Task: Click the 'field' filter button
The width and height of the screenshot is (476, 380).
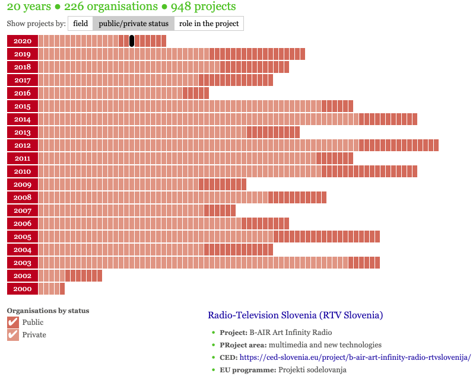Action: point(81,24)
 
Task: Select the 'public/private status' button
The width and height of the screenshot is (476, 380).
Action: point(134,24)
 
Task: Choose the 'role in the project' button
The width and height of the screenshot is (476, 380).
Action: point(209,24)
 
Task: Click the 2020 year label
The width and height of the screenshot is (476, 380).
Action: point(23,41)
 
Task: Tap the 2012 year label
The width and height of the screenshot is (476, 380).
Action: point(23,145)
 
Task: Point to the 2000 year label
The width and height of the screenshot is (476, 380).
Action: point(23,289)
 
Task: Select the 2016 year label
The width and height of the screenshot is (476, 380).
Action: point(23,93)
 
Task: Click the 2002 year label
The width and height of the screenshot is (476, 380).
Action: point(23,276)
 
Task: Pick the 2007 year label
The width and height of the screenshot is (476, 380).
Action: point(23,210)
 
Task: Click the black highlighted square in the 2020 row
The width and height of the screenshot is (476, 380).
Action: point(132,41)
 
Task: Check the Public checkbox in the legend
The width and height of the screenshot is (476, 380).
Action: point(13,322)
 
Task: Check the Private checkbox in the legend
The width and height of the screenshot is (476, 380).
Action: point(13,335)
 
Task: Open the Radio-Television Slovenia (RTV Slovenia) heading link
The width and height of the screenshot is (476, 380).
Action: point(295,315)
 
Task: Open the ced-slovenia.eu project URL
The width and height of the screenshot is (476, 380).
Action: point(355,357)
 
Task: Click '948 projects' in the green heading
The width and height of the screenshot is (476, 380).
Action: point(203,7)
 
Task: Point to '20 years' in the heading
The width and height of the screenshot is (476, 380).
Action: point(29,7)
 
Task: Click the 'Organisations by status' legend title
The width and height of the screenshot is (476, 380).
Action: point(48,310)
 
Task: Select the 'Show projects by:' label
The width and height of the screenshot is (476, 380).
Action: point(36,24)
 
